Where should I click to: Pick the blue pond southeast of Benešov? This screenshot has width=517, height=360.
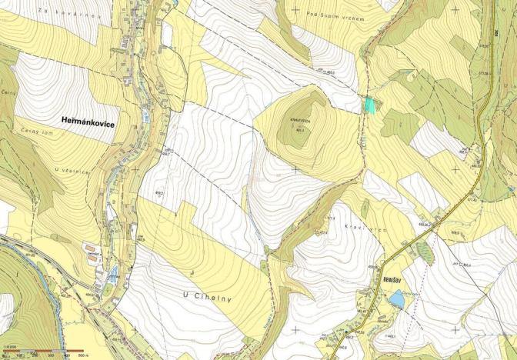396,298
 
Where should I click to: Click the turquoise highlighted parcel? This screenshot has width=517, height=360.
372,105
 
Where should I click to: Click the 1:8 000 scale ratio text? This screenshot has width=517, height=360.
10,346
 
